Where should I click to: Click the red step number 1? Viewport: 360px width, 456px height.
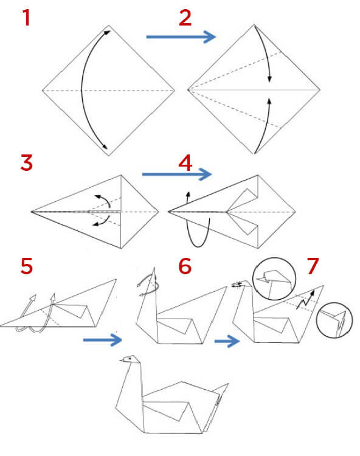click(x=26, y=19)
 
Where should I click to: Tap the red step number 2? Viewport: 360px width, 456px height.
click(x=185, y=18)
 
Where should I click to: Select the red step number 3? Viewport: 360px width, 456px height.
click(x=26, y=164)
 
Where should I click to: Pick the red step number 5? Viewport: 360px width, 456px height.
click(x=26, y=267)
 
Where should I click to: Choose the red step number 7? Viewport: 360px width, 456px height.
click(x=313, y=266)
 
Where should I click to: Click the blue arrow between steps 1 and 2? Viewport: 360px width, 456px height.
click(x=181, y=38)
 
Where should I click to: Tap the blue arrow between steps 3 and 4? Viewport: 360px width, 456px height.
click(x=176, y=174)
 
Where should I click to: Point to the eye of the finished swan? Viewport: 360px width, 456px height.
click(x=128, y=359)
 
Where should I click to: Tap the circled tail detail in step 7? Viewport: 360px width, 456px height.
click(x=334, y=319)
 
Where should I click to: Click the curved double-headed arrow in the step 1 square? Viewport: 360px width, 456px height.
click(x=84, y=90)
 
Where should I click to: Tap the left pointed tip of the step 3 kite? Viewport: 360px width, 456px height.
click(x=32, y=212)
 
